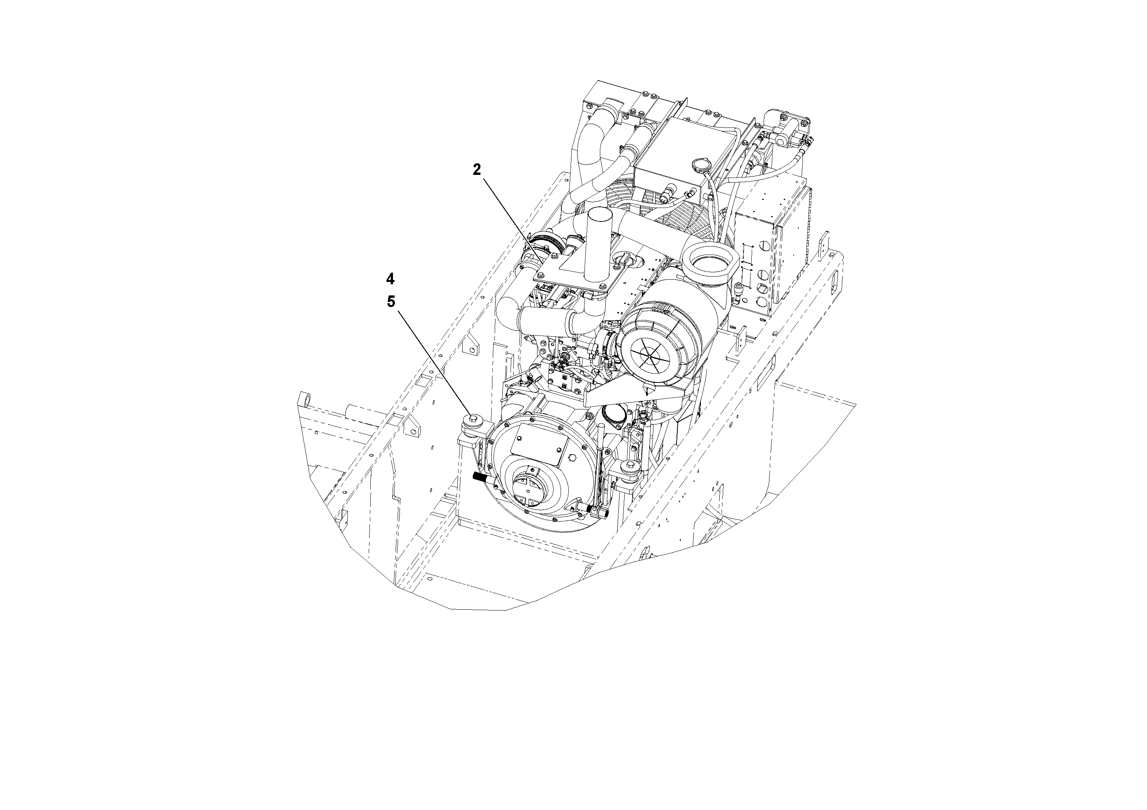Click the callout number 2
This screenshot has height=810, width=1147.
tap(477, 170)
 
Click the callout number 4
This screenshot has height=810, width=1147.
tap(390, 278)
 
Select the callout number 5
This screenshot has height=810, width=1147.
tap(391, 302)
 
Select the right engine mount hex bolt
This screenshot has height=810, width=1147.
tap(628, 466)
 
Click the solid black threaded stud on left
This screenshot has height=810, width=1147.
tap(480, 477)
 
